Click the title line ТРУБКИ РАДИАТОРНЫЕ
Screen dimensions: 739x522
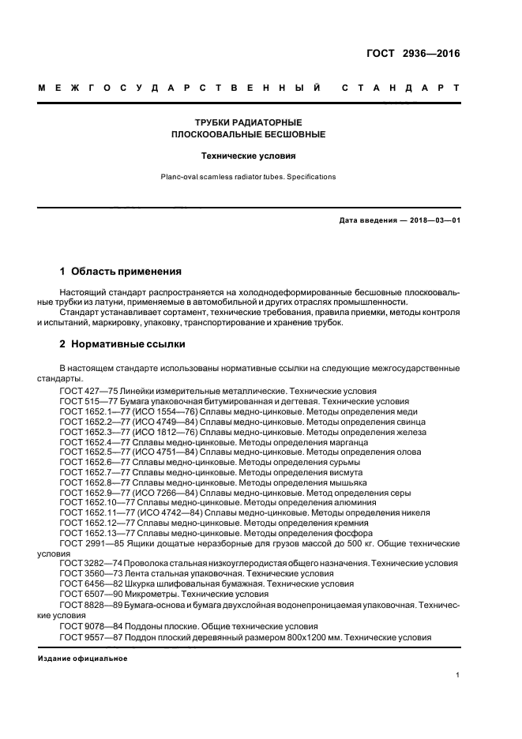point(249,123)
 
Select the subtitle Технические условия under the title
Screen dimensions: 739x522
point(249,156)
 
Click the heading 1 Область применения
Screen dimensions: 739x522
point(121,271)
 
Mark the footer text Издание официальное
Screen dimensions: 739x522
point(83,658)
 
